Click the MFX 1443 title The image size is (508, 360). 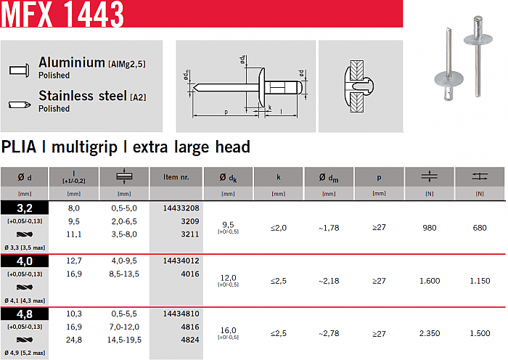pyautogui.click(x=62, y=15)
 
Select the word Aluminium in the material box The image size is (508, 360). pyautogui.click(x=72, y=62)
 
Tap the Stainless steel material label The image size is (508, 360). pyautogui.click(x=83, y=96)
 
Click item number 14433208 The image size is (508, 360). pyautogui.click(x=181, y=208)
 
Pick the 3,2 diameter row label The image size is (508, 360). pyautogui.click(x=25, y=208)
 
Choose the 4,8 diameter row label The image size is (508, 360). pyautogui.click(x=25, y=314)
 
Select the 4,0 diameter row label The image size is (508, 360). pyautogui.click(x=25, y=261)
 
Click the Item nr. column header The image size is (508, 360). pyautogui.click(x=176, y=177)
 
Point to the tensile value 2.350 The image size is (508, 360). pyautogui.click(x=430, y=333)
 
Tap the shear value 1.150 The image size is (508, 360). pyautogui.click(x=480, y=281)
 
